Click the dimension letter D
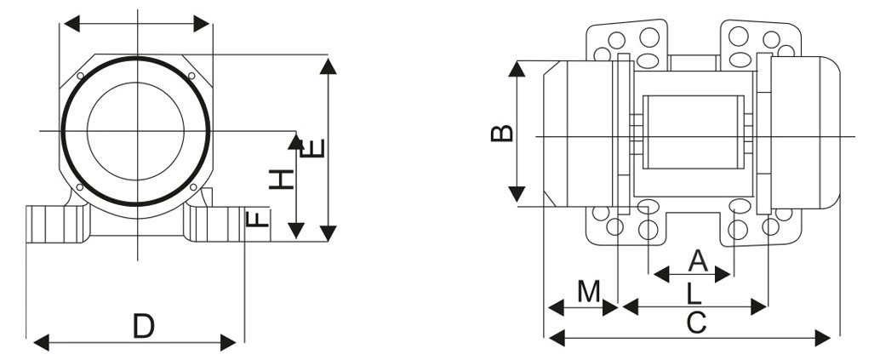tap(144, 326)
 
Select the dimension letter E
tap(316, 150)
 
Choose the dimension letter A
tap(697, 260)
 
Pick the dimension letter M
tap(588, 291)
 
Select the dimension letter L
tap(694, 294)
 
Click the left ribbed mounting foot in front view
tap(55, 223)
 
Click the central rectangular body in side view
tap(693, 132)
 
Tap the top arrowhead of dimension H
tap(295, 141)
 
